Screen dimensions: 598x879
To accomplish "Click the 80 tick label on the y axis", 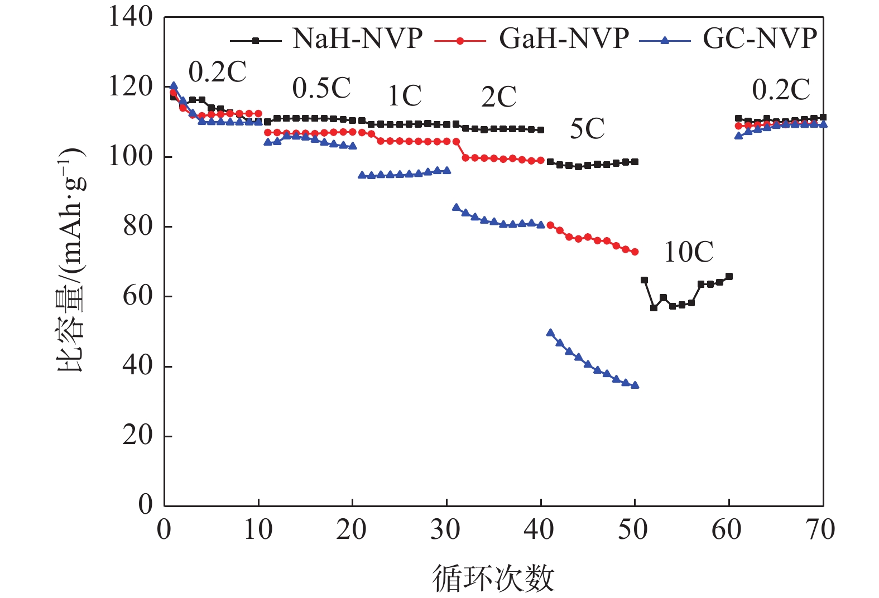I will click(x=137, y=226).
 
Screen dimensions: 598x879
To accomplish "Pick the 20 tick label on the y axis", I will click(x=137, y=436).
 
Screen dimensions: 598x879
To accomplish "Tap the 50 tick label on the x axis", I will click(x=633, y=529).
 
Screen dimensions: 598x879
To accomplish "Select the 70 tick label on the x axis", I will click(x=821, y=529).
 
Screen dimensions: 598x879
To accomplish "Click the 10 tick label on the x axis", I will click(x=258, y=529).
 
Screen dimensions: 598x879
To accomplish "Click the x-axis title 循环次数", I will click(x=493, y=578).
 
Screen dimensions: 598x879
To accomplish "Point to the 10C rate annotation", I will click(x=689, y=252).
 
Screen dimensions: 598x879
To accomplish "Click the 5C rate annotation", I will click(x=587, y=129).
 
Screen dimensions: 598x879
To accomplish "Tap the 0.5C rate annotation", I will click(x=321, y=88).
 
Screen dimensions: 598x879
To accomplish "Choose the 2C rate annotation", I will click(x=499, y=98).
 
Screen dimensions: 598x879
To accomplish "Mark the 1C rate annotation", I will click(x=405, y=97).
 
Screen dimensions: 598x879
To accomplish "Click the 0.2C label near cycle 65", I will click(x=781, y=90).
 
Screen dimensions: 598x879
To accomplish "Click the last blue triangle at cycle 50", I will click(x=635, y=385).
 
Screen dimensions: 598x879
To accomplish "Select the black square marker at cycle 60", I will click(x=729, y=277).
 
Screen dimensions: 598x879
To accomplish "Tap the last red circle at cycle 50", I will click(x=635, y=252).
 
